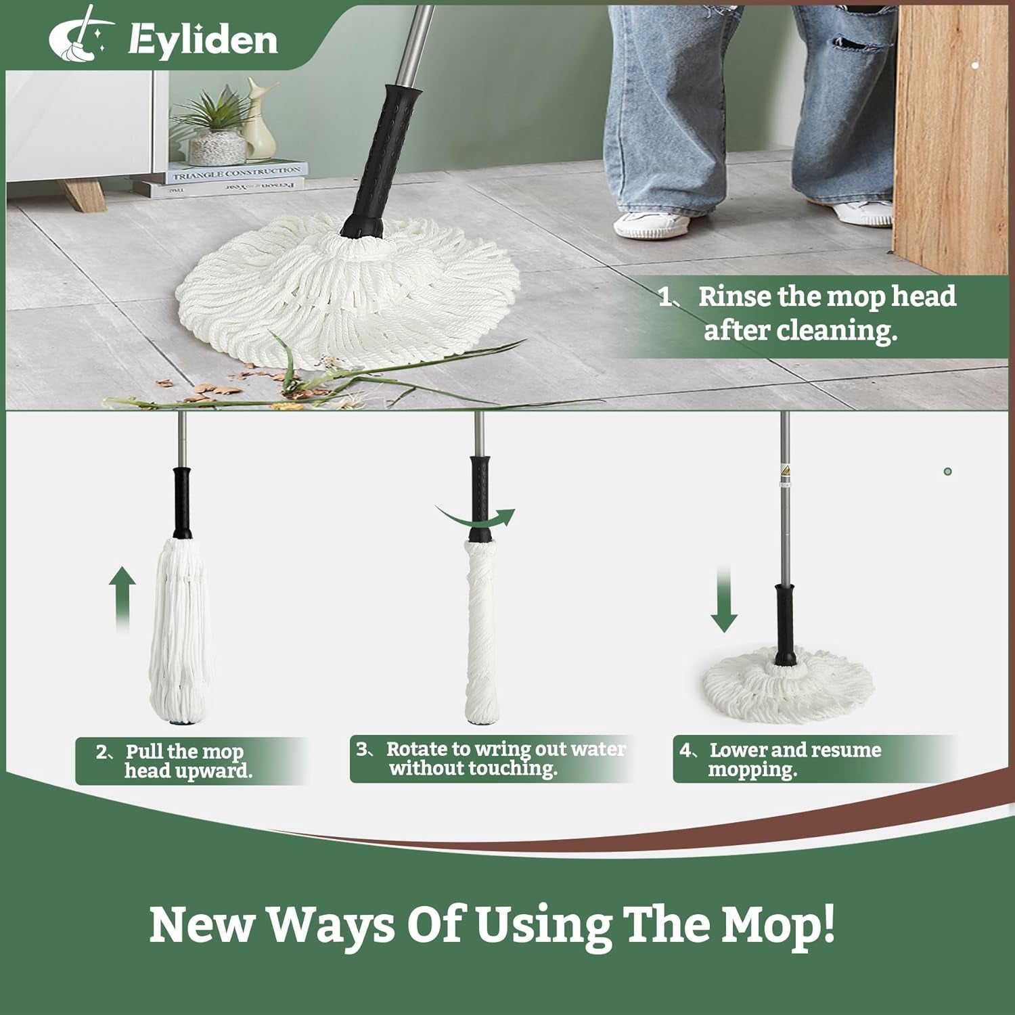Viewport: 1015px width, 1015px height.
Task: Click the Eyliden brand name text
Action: (203, 40)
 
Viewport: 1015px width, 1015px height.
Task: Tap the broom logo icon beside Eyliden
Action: (78, 34)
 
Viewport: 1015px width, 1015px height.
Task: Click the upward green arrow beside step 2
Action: (122, 600)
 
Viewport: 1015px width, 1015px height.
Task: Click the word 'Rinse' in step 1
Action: (734, 296)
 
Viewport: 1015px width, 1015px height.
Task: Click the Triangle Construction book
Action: (237, 173)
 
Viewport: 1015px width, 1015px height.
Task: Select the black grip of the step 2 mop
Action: (181, 501)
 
